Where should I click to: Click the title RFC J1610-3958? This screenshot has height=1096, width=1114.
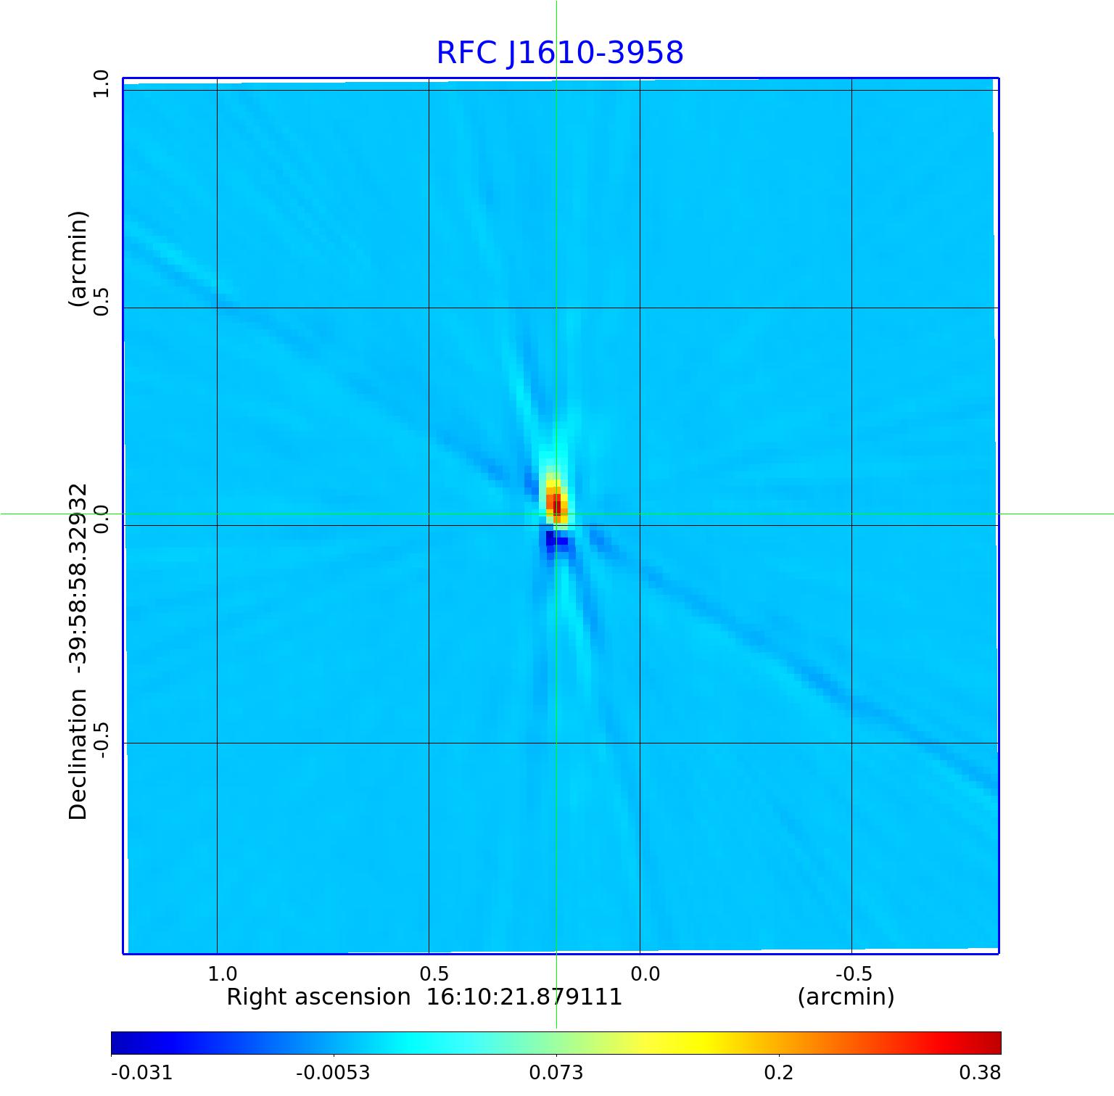pyautogui.click(x=560, y=53)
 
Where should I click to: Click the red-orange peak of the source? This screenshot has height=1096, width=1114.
pyautogui.click(x=556, y=503)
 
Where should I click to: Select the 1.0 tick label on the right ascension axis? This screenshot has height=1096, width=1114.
pyautogui.click(x=223, y=973)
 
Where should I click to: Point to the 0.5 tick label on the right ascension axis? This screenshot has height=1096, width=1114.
pyautogui.click(x=434, y=973)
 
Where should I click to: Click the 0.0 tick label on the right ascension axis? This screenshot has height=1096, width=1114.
pyautogui.click(x=645, y=973)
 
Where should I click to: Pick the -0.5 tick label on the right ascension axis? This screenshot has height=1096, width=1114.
pyautogui.click(x=854, y=973)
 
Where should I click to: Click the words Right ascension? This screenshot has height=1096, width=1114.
pyautogui.click(x=318, y=997)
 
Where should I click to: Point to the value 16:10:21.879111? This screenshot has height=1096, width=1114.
pyautogui.click(x=524, y=997)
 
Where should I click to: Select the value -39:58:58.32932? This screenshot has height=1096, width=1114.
pyautogui.click(x=78, y=573)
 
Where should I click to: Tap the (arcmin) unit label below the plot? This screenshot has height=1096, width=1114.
pyautogui.click(x=846, y=997)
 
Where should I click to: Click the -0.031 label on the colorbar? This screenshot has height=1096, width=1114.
pyautogui.click(x=141, y=1073)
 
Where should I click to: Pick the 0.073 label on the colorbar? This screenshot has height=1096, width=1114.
pyautogui.click(x=556, y=1073)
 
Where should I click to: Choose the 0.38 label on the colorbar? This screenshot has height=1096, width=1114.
pyautogui.click(x=979, y=1073)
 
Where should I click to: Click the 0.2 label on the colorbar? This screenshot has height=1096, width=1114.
pyautogui.click(x=779, y=1073)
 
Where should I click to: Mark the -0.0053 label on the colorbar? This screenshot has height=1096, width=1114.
pyautogui.click(x=333, y=1073)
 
